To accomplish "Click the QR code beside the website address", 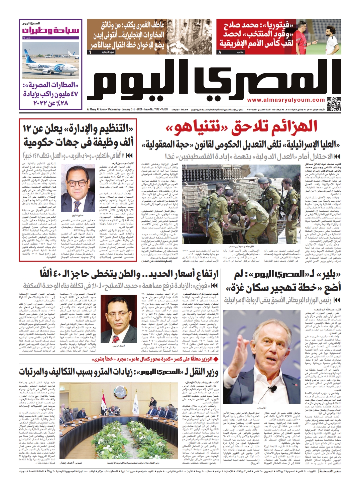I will pyautogui.click(x=334, y=103).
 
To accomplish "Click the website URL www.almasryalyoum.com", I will pyautogui.click(x=286, y=100).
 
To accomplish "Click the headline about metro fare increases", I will pyautogui.click(x=119, y=371).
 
